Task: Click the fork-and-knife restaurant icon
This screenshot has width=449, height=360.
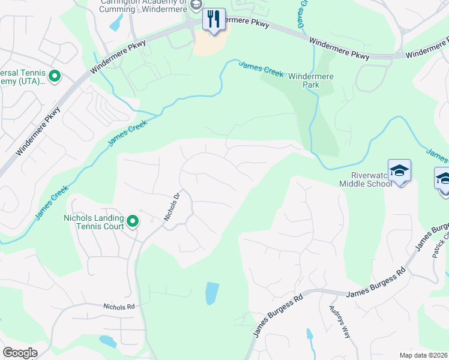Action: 214,19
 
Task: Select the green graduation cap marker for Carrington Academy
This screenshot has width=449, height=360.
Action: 195,5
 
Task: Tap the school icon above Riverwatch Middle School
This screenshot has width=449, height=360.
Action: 399,171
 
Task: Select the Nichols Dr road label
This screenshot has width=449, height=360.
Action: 172,207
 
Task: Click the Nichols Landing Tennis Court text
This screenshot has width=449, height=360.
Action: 94,222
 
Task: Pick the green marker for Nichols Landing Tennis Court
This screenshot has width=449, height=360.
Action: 133,222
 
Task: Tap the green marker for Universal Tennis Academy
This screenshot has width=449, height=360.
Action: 54,76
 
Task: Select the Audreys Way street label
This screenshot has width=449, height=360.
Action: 339,322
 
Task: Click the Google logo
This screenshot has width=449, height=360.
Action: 20,352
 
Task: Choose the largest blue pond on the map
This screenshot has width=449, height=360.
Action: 212,293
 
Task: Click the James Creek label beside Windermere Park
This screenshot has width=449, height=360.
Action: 261,68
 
